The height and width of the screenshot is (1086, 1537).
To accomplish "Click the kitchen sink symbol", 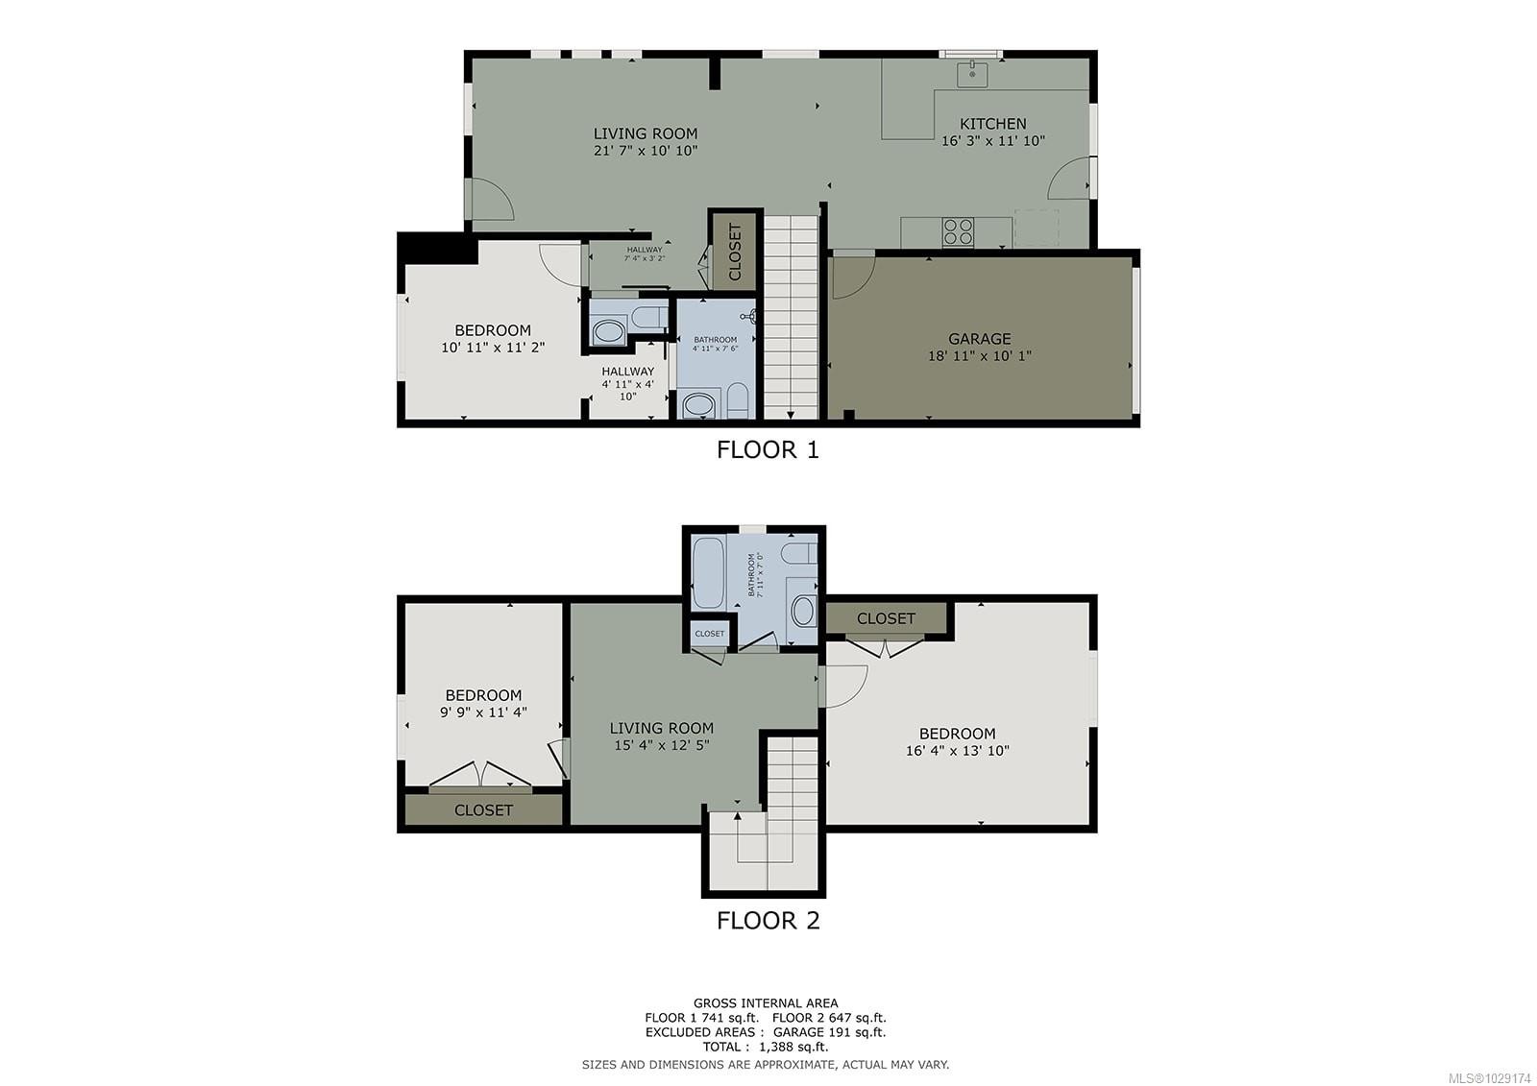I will point(972,73).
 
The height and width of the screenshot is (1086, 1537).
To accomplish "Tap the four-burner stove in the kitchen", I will point(958,231).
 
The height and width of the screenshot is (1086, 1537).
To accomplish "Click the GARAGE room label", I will point(979,338).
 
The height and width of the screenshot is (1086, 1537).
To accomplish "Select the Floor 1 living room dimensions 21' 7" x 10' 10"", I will point(645,151).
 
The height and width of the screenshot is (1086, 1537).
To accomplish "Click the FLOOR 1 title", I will point(768,449).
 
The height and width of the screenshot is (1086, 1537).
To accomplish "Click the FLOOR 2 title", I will point(768,920).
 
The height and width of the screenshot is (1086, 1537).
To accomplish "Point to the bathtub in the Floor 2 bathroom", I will point(708,572).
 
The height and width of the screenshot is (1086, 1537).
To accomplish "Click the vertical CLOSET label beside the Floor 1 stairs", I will point(736,253).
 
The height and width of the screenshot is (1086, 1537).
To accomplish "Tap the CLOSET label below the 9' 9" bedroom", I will point(483,809).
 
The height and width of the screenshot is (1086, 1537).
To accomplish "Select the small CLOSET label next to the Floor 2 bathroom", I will point(710,634).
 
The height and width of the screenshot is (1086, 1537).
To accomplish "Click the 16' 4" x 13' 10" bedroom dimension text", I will point(957,751).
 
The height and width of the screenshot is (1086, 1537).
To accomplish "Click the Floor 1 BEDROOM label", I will point(493,330).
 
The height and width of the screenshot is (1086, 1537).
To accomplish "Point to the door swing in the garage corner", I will point(850,273).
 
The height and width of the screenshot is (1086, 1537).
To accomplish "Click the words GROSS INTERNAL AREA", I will point(766,1003).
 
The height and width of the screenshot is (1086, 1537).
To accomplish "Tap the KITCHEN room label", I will point(993,123).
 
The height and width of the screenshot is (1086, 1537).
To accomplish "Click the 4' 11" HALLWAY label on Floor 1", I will point(627,372).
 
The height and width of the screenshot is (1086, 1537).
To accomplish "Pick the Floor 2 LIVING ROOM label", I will point(662,728).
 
